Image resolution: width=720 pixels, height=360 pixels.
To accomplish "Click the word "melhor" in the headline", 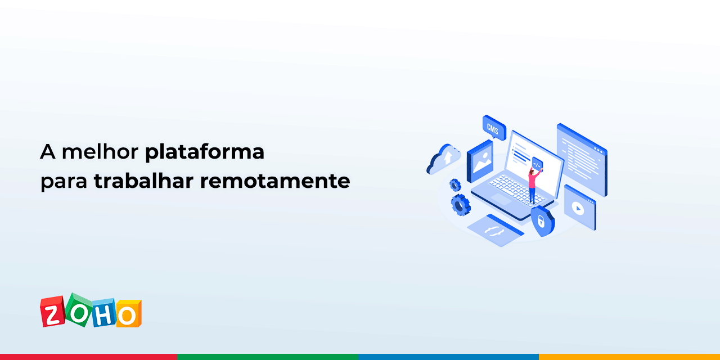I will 100,152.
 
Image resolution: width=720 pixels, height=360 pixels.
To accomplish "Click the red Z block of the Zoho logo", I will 52,312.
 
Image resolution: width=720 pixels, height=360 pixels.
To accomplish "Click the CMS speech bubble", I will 493,129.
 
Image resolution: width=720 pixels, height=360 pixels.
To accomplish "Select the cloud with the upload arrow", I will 444,159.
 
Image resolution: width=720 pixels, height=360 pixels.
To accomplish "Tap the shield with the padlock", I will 542,220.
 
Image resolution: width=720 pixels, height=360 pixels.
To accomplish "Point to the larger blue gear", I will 461,205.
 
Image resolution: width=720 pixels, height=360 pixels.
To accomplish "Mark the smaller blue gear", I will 455,185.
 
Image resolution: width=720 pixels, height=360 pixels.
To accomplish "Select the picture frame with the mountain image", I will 480,160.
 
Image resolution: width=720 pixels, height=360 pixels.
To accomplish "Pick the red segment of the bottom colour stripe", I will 89,357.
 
